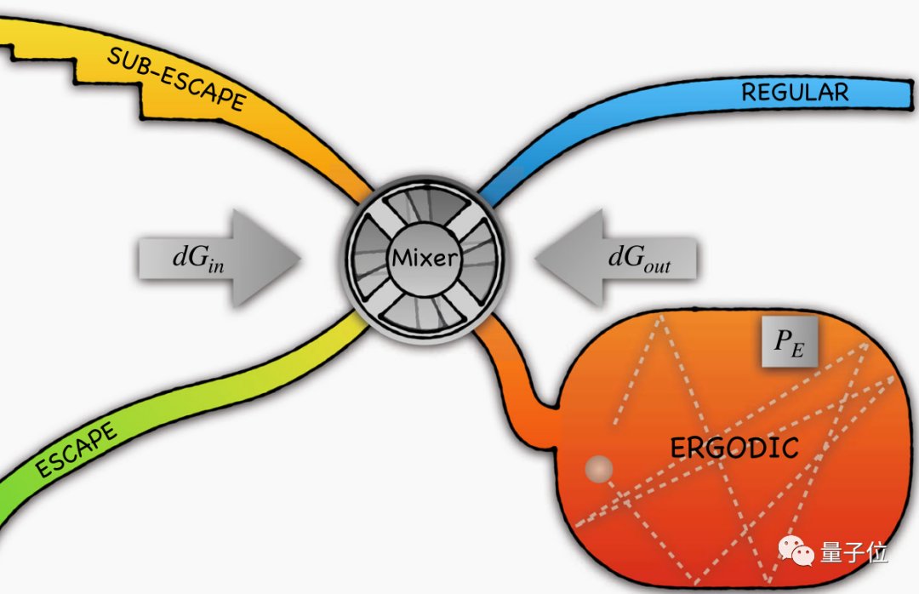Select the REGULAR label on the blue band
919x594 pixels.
tap(795, 92)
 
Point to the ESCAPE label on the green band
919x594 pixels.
tap(76, 451)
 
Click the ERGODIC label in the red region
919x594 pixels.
tap(734, 447)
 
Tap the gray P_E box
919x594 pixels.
tap(790, 345)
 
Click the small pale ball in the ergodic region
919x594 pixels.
tap(600, 468)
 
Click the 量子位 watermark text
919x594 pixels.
tap(854, 552)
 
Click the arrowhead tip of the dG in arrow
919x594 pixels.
tap(299, 256)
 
